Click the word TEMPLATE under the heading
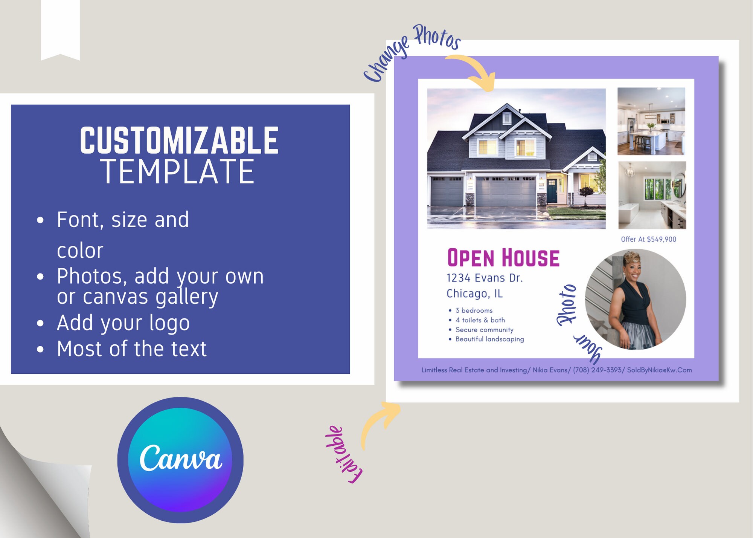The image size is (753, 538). pyautogui.click(x=178, y=172)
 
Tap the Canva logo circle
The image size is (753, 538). pyautogui.click(x=180, y=460)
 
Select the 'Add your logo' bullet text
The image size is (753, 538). pyautogui.click(x=123, y=323)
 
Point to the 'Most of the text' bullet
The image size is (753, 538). pyautogui.click(x=131, y=349)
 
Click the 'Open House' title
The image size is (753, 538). pyautogui.click(x=503, y=258)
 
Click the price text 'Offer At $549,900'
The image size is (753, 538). pyautogui.click(x=648, y=239)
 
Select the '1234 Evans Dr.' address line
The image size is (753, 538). pyautogui.click(x=485, y=278)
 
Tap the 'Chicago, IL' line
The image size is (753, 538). pyautogui.click(x=474, y=293)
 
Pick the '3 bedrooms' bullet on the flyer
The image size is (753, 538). pyautogui.click(x=474, y=310)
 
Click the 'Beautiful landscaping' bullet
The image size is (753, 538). pyautogui.click(x=489, y=339)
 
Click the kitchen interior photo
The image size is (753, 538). pyautogui.click(x=651, y=121)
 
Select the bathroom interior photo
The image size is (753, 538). pyautogui.click(x=652, y=195)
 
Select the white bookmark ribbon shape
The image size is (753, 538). pyautogui.click(x=60, y=28)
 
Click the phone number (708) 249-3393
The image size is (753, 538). pyautogui.click(x=597, y=370)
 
